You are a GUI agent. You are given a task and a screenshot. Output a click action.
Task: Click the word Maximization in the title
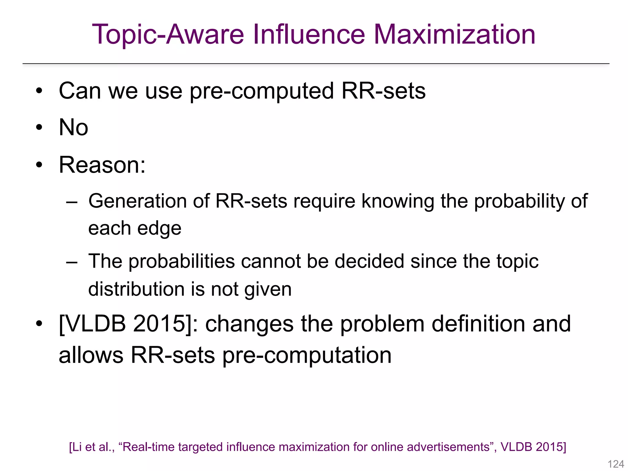coord(454,34)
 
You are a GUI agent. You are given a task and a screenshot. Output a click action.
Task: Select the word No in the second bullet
coord(73,127)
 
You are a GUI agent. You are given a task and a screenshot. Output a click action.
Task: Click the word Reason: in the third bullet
coord(102,165)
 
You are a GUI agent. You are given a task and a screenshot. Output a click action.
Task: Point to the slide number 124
coord(616,464)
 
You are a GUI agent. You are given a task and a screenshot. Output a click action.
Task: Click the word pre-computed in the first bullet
coord(262,91)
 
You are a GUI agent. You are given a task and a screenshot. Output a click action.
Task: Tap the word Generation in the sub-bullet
coord(137,201)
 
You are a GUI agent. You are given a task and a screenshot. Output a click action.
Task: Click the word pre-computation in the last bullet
coord(307,355)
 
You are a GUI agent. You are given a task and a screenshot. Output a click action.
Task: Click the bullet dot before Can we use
coord(39,91)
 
